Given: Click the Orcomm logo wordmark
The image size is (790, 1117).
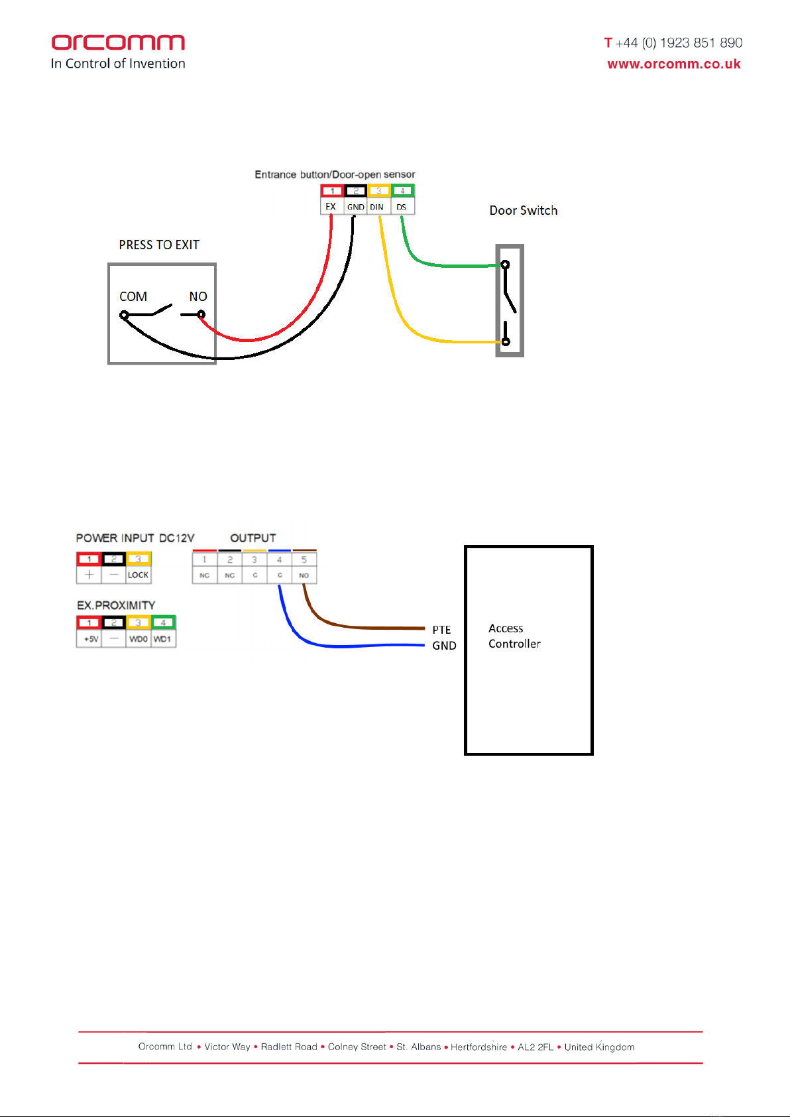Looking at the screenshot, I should (x=118, y=43).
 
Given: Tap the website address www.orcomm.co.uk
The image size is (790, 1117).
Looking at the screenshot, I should (x=673, y=64).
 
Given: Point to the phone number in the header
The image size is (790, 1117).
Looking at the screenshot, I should (x=673, y=43).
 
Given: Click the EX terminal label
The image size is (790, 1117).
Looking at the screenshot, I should (x=331, y=207).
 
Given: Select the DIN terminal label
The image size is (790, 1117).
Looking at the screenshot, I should (x=376, y=207).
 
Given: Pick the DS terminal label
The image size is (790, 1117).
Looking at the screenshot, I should (x=402, y=207).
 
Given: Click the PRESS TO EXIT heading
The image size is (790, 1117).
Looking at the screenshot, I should (x=159, y=245).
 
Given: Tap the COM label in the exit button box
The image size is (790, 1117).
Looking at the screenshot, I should (x=133, y=296).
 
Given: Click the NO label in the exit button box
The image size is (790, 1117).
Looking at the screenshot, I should (x=198, y=296).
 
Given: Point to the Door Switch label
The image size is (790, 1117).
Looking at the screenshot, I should (x=523, y=210).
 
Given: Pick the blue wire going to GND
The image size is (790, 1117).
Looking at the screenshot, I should (x=358, y=646).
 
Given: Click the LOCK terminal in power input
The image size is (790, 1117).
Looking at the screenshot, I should (x=139, y=575).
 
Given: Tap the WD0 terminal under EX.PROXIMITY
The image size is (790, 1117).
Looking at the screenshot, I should (x=139, y=639).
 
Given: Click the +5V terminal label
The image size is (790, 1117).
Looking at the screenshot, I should (x=90, y=639).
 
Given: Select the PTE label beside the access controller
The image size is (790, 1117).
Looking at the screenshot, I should (x=441, y=630).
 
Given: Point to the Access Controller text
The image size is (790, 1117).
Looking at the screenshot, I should (x=514, y=636).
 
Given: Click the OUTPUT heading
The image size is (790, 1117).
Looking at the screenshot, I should (x=253, y=538).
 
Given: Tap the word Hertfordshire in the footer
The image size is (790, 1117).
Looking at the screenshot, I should (x=479, y=1047).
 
